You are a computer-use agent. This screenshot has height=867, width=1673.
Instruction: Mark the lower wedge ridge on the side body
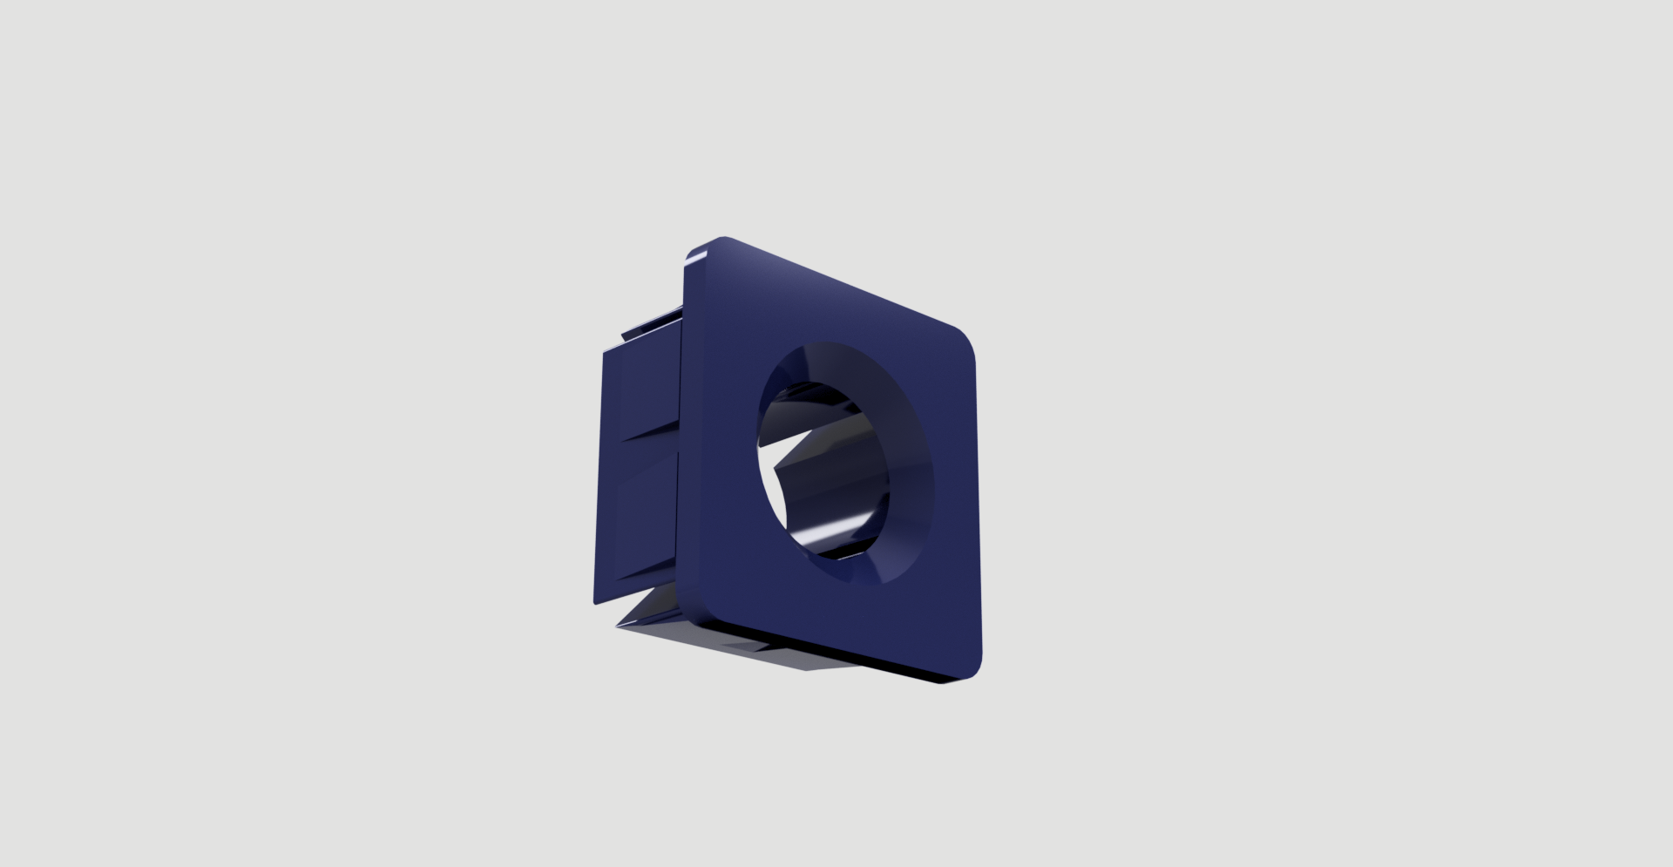click(640, 579)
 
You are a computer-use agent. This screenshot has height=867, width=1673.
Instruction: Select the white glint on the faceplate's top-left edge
click(696, 256)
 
